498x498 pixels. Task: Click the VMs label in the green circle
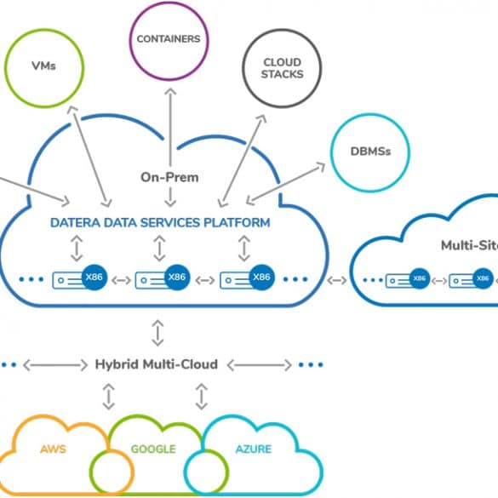43,66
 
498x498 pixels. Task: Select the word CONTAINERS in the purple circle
169,39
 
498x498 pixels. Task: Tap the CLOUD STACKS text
282,68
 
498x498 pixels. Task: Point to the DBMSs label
370,152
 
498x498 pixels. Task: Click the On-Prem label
169,177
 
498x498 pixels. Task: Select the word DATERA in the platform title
76,223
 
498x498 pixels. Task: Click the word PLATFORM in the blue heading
237,223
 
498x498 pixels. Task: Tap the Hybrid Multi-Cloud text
157,364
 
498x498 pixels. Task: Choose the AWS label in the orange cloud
53,449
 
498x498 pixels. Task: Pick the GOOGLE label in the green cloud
153,449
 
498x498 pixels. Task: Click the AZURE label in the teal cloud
254,449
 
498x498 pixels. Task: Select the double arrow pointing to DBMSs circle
286,184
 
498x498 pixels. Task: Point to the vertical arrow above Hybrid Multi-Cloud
157,333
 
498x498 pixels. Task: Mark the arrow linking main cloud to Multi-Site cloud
337,280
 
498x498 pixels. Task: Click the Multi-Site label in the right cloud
469,245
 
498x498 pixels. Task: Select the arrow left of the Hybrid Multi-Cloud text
55,365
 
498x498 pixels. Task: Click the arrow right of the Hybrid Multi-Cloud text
260,365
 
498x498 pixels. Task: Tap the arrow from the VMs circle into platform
89,157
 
